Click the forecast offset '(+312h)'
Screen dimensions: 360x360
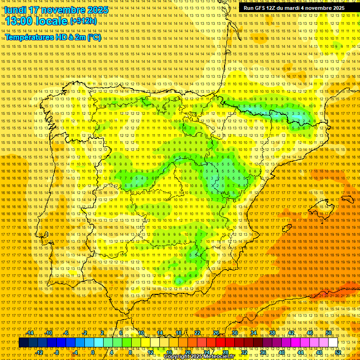(83, 22)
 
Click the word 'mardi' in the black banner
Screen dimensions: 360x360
(296, 8)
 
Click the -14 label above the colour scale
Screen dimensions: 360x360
(30, 333)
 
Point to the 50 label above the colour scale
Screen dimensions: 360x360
(329, 333)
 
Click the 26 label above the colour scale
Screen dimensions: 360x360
(216, 333)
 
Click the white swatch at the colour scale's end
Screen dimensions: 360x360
(333, 343)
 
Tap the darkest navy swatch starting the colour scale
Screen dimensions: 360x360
(23, 343)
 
